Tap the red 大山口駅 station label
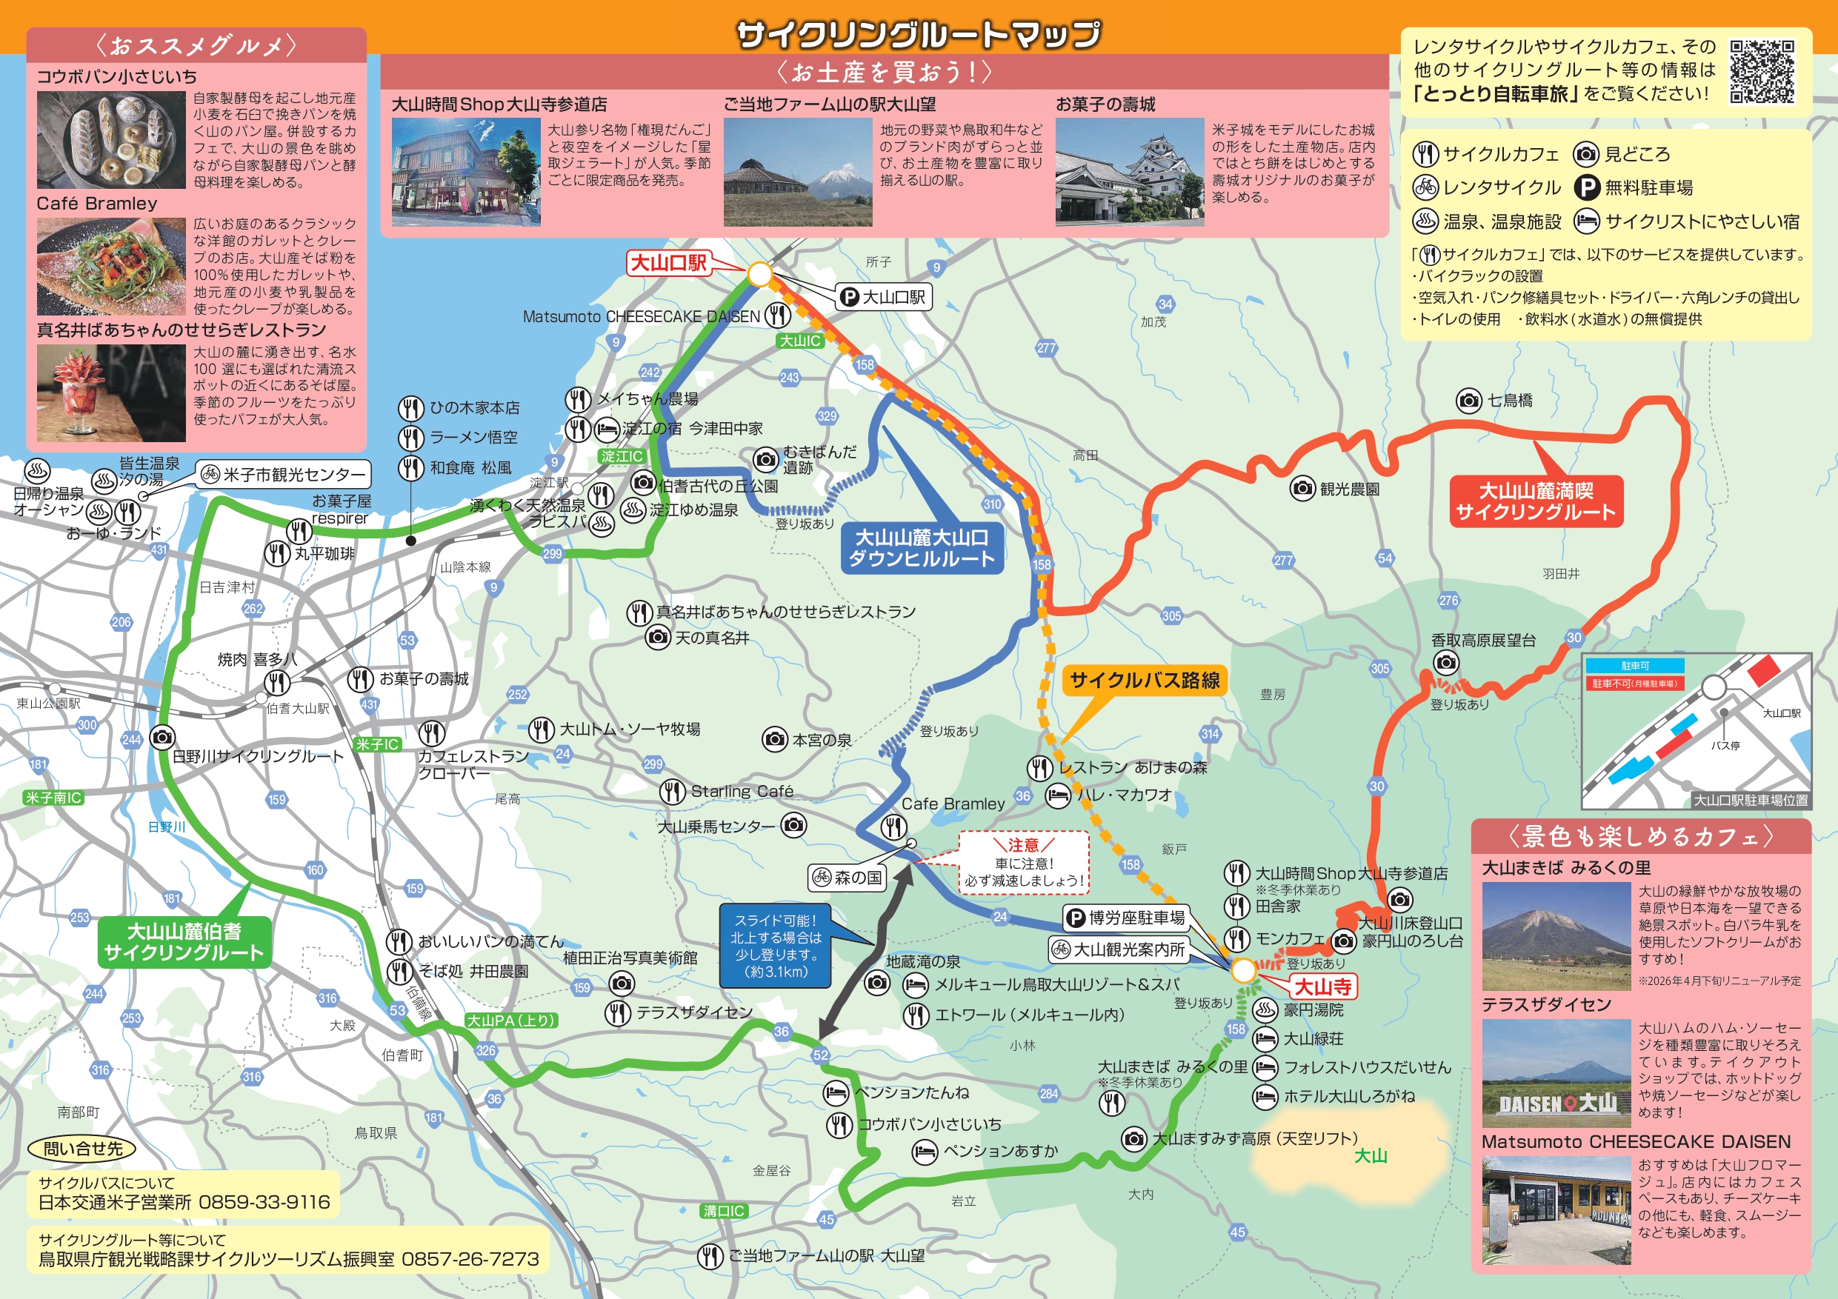668,264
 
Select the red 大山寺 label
1322,987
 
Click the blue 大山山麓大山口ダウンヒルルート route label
921,548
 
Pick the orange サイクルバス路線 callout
1144,681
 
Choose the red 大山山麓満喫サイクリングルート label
1536,502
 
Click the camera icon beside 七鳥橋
1468,400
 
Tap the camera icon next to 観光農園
1302,487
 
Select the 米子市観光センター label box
284,475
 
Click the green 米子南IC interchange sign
53,798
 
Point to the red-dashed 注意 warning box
1024,863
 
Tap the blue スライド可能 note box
775,946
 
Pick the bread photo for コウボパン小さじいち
110,140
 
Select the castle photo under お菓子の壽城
1129,172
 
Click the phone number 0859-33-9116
264,1202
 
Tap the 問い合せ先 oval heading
81,1149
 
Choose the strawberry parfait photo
110,393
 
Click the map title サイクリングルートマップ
918,33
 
